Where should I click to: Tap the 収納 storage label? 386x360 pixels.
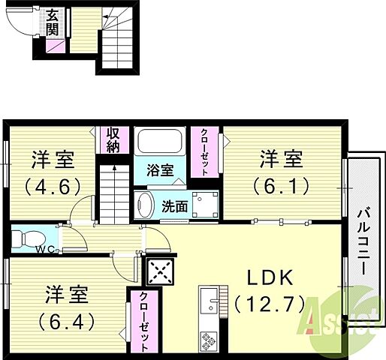113,140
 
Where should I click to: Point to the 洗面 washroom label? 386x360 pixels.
175,207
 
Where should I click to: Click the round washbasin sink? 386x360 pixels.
146,204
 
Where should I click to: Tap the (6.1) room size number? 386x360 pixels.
282,185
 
